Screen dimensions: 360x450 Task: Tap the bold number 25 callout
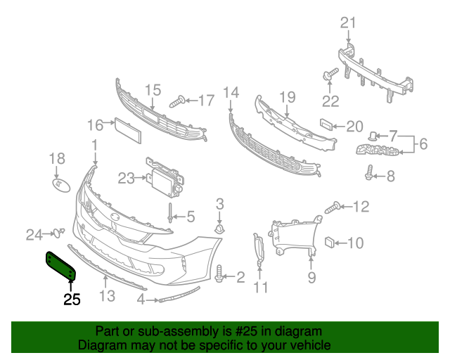click(72, 300)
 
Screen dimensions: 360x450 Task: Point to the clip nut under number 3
click(219, 229)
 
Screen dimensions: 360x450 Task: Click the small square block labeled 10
click(328, 243)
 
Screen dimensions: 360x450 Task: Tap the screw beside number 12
click(333, 207)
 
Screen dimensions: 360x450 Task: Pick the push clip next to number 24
click(60, 232)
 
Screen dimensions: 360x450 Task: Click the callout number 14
click(231, 93)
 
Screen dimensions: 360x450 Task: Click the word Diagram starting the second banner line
click(102, 345)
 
